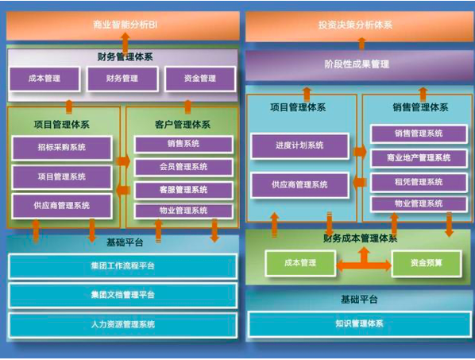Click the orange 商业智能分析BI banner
[x=123, y=25]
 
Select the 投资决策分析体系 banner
[x=359, y=26]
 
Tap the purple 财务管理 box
[x=122, y=79]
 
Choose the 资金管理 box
[x=200, y=79]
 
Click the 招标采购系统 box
[x=62, y=148]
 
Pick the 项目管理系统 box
[x=62, y=177]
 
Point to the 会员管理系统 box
[x=183, y=167]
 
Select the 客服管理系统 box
[x=183, y=190]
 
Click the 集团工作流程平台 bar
[x=123, y=266]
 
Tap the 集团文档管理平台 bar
[x=123, y=295]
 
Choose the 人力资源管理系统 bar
[x=123, y=325]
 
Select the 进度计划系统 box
[x=299, y=145]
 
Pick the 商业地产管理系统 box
[x=419, y=158]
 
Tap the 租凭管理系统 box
[x=419, y=183]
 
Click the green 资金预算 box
[x=427, y=263]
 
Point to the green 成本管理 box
[x=300, y=263]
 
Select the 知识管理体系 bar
[x=360, y=324]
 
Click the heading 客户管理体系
[x=183, y=125]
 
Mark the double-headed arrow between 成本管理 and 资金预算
[x=364, y=265]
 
